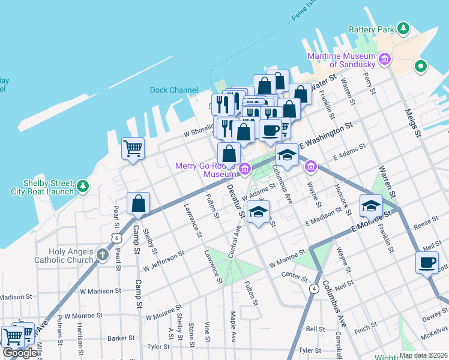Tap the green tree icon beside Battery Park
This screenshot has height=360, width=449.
click(x=404, y=28)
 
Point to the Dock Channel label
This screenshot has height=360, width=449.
click(x=173, y=91)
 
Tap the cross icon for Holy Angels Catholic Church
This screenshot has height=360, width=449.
click(x=103, y=256)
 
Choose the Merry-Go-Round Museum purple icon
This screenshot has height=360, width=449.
click(x=245, y=170)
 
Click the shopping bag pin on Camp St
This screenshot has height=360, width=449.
click(x=139, y=203)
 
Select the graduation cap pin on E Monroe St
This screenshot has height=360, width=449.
click(x=371, y=206)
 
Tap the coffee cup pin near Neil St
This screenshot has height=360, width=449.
click(x=427, y=263)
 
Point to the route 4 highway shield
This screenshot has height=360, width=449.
click(x=314, y=289)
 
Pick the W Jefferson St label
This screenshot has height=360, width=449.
click(x=163, y=259)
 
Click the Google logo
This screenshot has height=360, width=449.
click(x=20, y=353)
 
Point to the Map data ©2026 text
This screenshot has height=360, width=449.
click(x=423, y=355)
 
